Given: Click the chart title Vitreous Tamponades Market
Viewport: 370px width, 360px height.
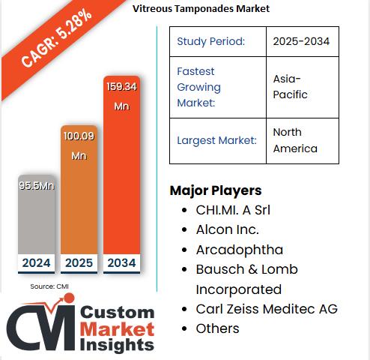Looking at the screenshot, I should point(201,8).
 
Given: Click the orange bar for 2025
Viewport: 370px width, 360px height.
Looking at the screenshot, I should point(79,195).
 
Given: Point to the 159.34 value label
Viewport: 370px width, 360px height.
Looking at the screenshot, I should point(121,87).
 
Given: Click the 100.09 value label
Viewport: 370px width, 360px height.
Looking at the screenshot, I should point(79,137).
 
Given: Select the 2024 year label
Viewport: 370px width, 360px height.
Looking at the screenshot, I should point(36,262).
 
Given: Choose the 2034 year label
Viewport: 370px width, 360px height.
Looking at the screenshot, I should point(121,262).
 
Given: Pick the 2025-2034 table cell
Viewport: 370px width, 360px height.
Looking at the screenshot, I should point(302,41).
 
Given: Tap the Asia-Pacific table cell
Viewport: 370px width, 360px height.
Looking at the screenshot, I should point(302,87).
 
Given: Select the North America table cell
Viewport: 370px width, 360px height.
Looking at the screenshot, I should point(302,140).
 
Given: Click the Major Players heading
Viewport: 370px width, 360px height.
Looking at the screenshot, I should point(215,190).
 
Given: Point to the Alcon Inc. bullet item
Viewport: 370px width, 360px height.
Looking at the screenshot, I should point(227,229).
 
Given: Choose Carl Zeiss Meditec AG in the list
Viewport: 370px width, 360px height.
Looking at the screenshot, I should point(267,309).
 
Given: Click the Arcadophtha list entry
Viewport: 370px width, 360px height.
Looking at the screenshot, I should point(239,249).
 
